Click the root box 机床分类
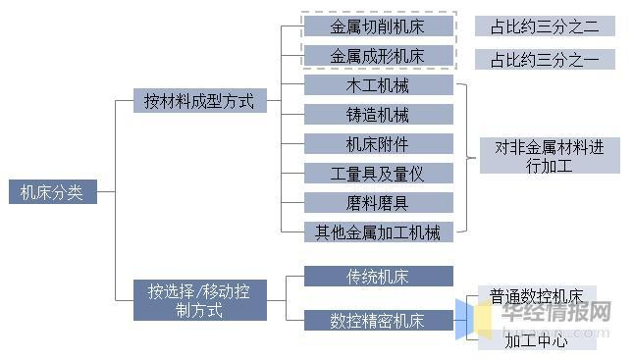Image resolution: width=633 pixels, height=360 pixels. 53,192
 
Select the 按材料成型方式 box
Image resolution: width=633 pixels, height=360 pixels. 199,101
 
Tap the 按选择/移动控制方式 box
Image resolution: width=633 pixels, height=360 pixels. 199,300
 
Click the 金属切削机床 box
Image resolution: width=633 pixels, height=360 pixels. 378,26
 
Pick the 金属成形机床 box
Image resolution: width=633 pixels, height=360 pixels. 378,56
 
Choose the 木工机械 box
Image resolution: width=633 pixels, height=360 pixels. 378,85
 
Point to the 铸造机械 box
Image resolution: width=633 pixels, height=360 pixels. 378,115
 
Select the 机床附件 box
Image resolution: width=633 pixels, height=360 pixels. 378,144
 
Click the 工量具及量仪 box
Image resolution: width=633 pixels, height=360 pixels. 378,174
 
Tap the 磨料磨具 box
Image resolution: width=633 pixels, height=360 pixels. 378,203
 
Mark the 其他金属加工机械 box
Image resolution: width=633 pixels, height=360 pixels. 378,232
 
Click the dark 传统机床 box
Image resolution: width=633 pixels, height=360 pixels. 378,276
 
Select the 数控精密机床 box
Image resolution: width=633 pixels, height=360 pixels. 378,321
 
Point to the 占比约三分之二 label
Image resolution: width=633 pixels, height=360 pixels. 545,26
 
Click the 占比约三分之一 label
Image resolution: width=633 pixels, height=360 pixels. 545,60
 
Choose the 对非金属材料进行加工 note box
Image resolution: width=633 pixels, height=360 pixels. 550,156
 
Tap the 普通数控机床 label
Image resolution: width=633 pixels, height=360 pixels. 537,295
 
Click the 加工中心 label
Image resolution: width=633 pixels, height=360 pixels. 537,340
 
